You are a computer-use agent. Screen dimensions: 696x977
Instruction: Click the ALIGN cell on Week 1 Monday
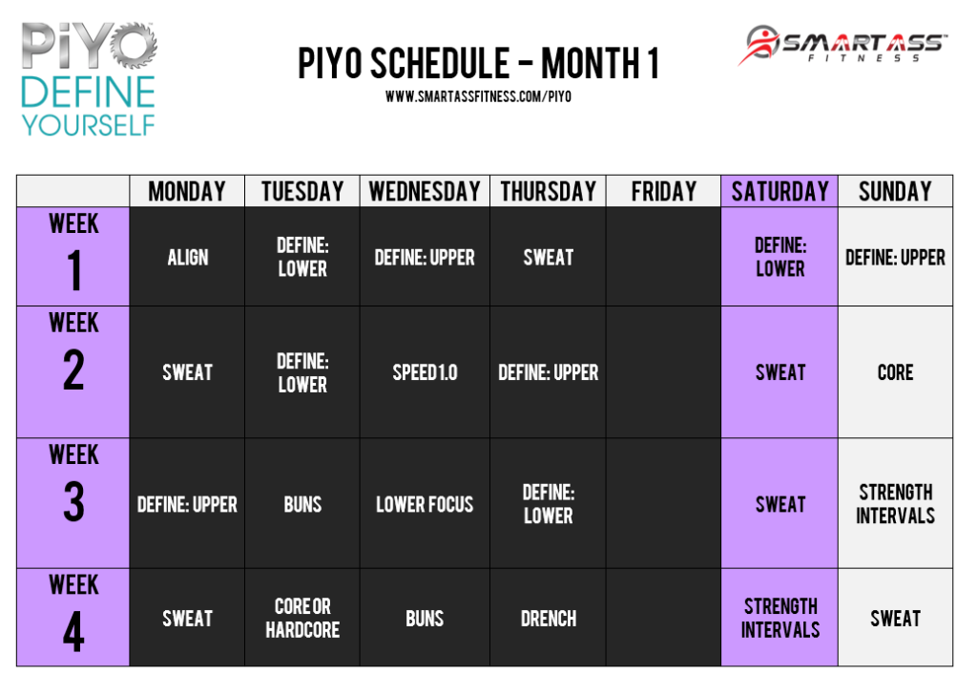coord(187,257)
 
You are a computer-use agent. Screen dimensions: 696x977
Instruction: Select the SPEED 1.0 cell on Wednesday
coord(425,372)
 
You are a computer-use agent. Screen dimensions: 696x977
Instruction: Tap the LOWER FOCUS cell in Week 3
coord(425,504)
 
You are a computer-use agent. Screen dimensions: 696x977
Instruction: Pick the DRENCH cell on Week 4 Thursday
coord(548,619)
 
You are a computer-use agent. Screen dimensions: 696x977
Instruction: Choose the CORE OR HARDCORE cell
coord(302,619)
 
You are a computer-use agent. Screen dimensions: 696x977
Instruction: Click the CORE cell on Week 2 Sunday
coord(895,372)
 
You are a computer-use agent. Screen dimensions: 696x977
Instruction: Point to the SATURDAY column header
coord(780,191)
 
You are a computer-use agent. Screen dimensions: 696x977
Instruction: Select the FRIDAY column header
coord(663,191)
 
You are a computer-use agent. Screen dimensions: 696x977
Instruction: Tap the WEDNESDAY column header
coord(425,191)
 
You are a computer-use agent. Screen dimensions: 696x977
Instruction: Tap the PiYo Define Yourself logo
coord(88,80)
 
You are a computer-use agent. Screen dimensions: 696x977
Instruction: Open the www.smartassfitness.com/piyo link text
coord(478,96)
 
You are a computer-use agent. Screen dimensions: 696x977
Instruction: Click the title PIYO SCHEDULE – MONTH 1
coord(478,63)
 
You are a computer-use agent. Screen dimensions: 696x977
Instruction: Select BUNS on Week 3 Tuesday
coord(302,504)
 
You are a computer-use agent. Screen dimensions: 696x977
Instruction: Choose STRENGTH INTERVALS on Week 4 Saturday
coord(780,618)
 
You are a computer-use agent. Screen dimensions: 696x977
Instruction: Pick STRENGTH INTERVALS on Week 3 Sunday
coord(895,504)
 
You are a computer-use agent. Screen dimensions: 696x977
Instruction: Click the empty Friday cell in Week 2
coord(663,372)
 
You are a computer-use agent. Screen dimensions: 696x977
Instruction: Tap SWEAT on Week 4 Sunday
coord(895,619)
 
